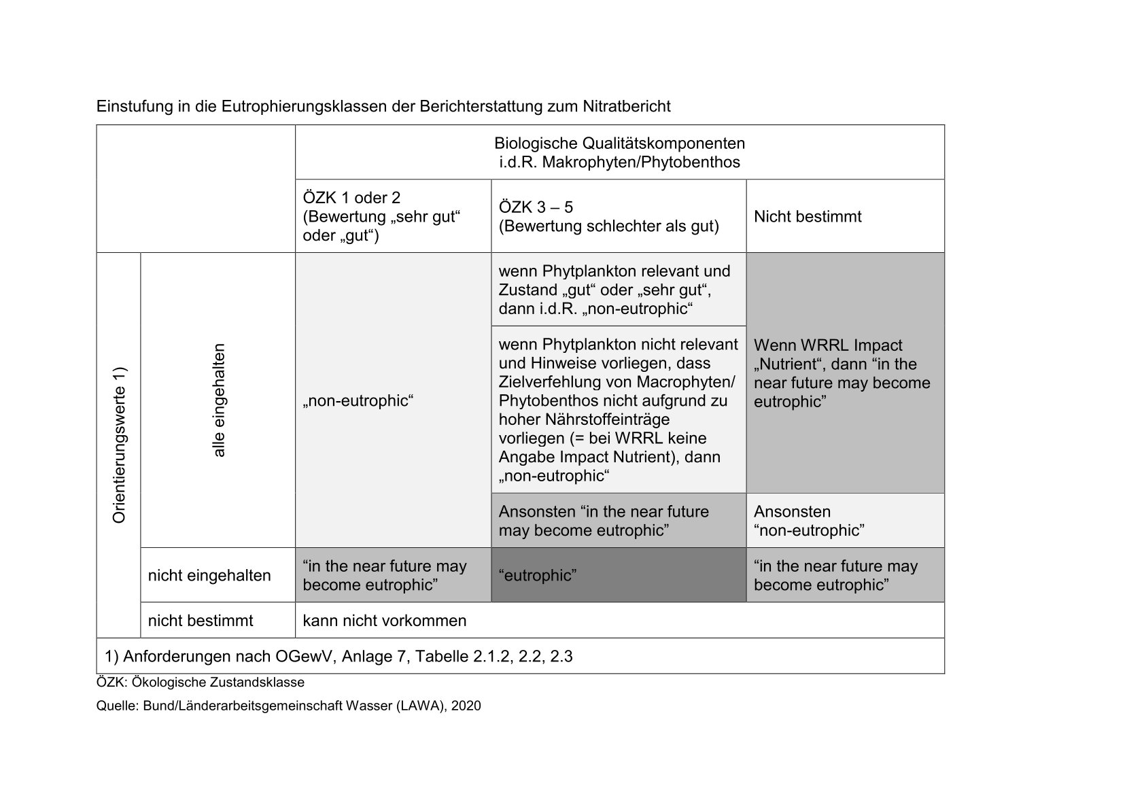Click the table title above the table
tap(383, 107)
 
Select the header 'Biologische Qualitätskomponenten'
tap(619, 144)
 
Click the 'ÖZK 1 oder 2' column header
tap(351, 198)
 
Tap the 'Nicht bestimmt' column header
tap(808, 217)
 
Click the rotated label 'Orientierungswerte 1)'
tap(120, 445)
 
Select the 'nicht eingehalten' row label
tap(209, 576)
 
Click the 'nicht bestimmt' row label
tap(201, 621)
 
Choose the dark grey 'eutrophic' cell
tap(618, 576)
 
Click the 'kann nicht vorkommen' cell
tap(385, 621)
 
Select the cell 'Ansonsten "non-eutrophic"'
tap(845, 521)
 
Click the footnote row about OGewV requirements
tap(339, 657)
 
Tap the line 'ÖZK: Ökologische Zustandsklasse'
tap(201, 682)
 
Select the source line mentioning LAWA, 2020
tap(288, 706)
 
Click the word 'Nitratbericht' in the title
tap(626, 107)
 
